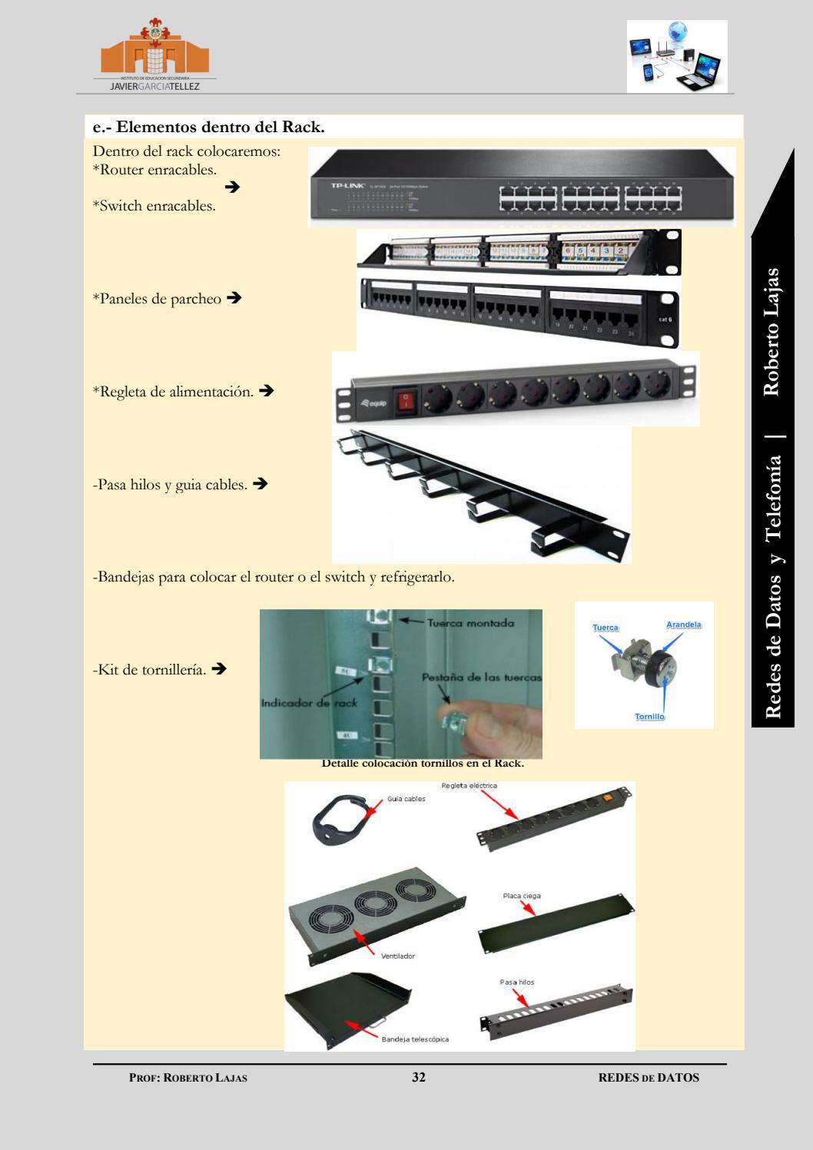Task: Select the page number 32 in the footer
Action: tap(418, 1077)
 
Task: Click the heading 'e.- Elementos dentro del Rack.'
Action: tap(208, 128)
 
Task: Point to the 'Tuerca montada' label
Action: tap(470, 622)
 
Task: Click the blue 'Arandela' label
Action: tap(683, 625)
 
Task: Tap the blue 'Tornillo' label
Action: tap(649, 717)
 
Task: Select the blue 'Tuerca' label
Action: tap(606, 628)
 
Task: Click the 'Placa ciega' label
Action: tap(523, 896)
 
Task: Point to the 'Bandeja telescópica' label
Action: tap(415, 1039)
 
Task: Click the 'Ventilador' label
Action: tap(397, 956)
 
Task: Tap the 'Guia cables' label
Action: tap(406, 799)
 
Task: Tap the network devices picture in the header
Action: tap(676, 56)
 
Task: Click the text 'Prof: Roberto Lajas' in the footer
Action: tap(188, 1078)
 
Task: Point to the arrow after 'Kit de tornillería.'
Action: tap(218, 669)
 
